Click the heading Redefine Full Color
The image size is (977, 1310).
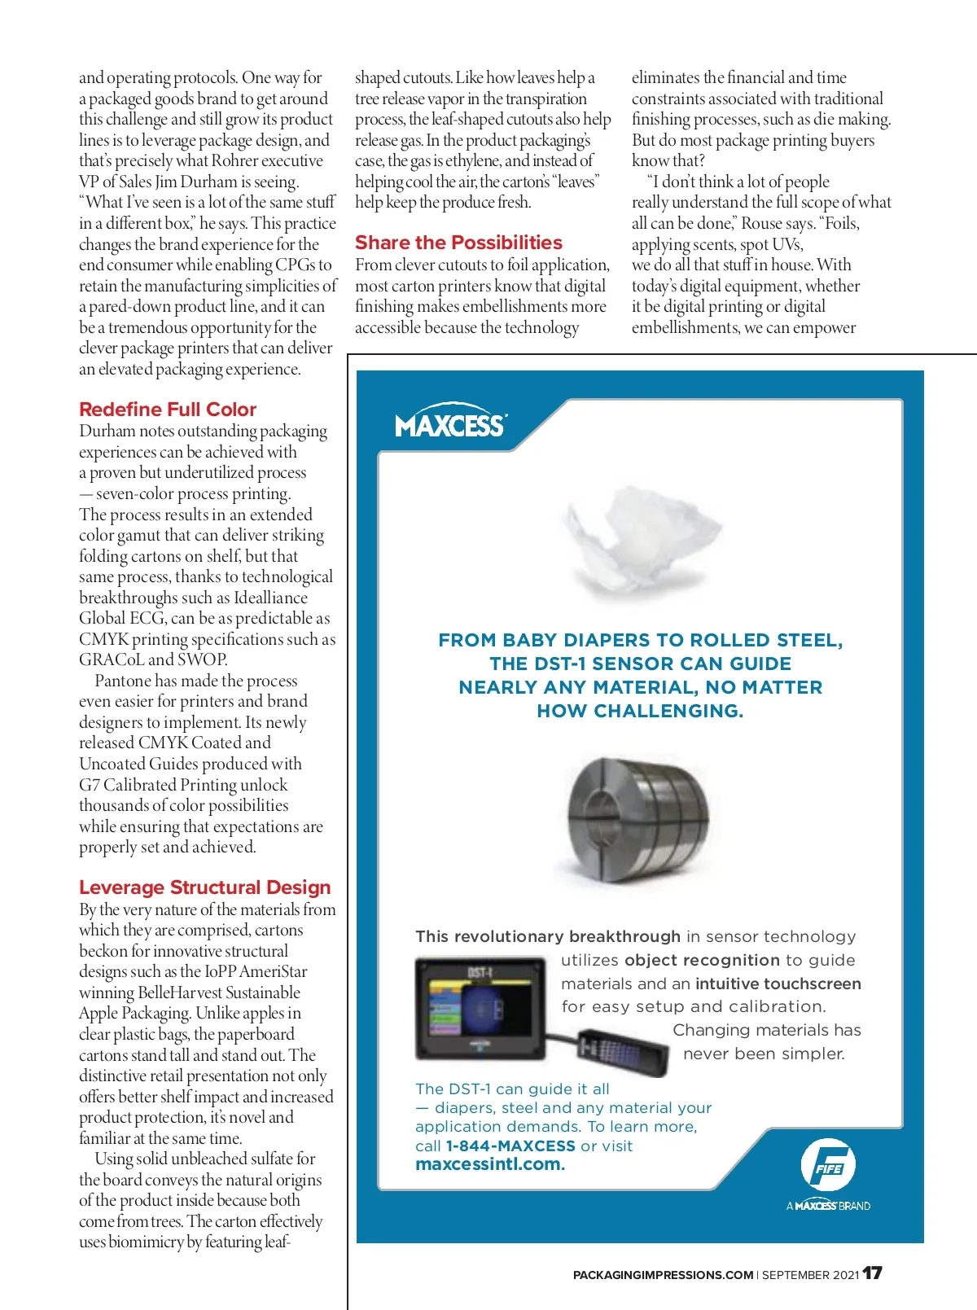(x=168, y=410)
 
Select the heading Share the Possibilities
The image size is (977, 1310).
(x=458, y=243)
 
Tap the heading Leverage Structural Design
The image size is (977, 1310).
(x=205, y=887)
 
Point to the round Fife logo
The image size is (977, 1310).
(x=828, y=1165)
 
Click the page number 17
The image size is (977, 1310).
(x=873, y=1273)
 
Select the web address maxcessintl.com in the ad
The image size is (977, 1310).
(x=490, y=1164)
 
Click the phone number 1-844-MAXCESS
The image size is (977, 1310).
(x=510, y=1146)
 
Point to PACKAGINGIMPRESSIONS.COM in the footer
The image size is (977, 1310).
(x=663, y=1275)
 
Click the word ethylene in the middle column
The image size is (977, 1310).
(x=472, y=160)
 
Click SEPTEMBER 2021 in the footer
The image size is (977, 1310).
(x=810, y=1275)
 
